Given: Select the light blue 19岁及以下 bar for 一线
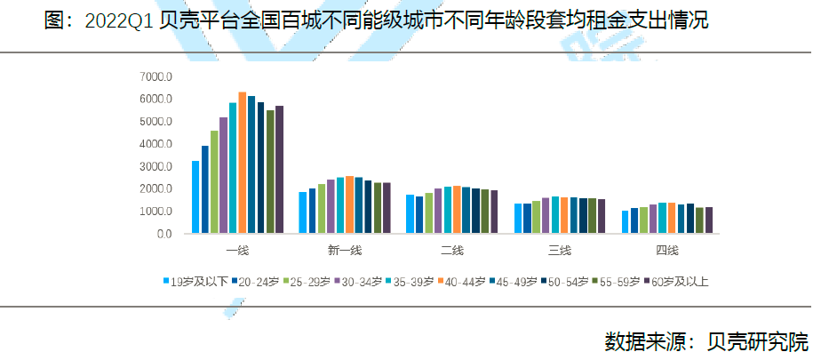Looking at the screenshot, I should coord(195,197).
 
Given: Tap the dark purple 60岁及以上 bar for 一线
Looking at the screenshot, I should coord(279,170).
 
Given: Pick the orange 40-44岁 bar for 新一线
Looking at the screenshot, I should coord(349,205).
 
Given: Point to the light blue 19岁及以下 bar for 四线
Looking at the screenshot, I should coord(625,222).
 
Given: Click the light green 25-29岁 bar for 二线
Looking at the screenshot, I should coord(429,213).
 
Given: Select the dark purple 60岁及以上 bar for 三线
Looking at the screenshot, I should coord(601,216).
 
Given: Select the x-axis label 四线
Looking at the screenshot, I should coord(666,250).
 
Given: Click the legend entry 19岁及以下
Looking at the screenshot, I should coord(197,281).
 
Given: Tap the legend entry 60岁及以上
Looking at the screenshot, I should coord(679,281).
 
